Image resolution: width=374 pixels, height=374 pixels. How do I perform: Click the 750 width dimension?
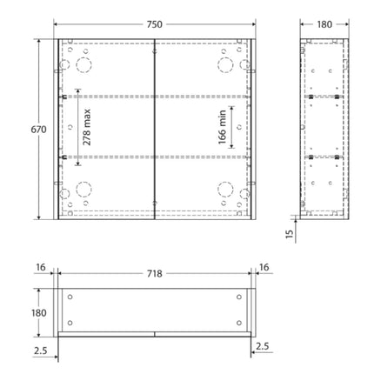pyautogui.click(x=153, y=24)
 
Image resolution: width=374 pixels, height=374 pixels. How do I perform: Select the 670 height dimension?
pyautogui.click(x=29, y=130)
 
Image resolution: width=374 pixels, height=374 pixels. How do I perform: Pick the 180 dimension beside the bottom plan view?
pyautogui.click(x=29, y=311)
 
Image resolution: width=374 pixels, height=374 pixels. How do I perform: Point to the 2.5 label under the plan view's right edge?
pyautogui.click(x=264, y=347)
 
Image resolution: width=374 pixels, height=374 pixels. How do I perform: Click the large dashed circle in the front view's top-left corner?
pyautogui.click(x=83, y=64)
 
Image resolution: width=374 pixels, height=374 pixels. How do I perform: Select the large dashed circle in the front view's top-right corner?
pyautogui.click(x=224, y=64)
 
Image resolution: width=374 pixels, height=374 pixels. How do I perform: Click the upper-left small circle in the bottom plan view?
pyautogui.click(x=70, y=298)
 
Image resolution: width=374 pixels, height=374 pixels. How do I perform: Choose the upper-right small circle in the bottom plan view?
pyautogui.click(x=238, y=298)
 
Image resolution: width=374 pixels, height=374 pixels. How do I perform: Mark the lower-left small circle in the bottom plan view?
pyautogui.click(x=70, y=322)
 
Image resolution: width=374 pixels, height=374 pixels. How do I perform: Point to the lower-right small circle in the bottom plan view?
pyautogui.click(x=238, y=322)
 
